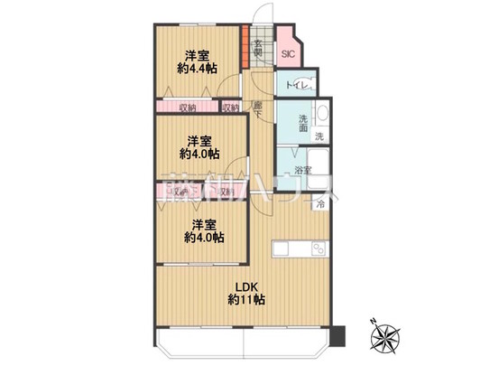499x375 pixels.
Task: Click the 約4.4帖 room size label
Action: (197, 69)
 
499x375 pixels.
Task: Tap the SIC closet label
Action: (288, 54)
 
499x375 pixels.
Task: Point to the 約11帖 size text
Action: (246, 300)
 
